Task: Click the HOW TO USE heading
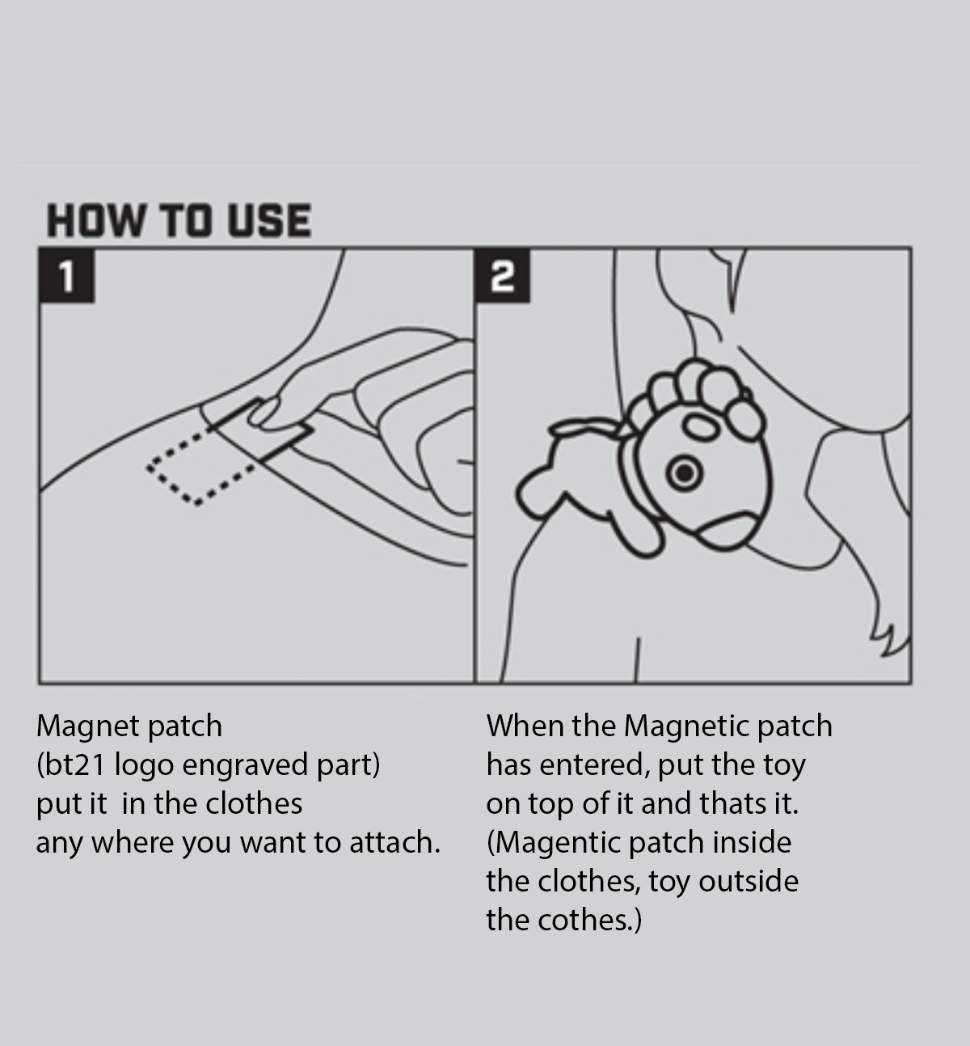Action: (x=179, y=220)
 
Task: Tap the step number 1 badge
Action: (x=67, y=276)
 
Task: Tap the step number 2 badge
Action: (x=503, y=276)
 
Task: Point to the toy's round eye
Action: (x=684, y=472)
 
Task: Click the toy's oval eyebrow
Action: (x=701, y=427)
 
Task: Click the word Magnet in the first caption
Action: (x=88, y=726)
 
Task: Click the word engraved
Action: (x=245, y=765)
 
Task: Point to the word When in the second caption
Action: (x=525, y=726)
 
